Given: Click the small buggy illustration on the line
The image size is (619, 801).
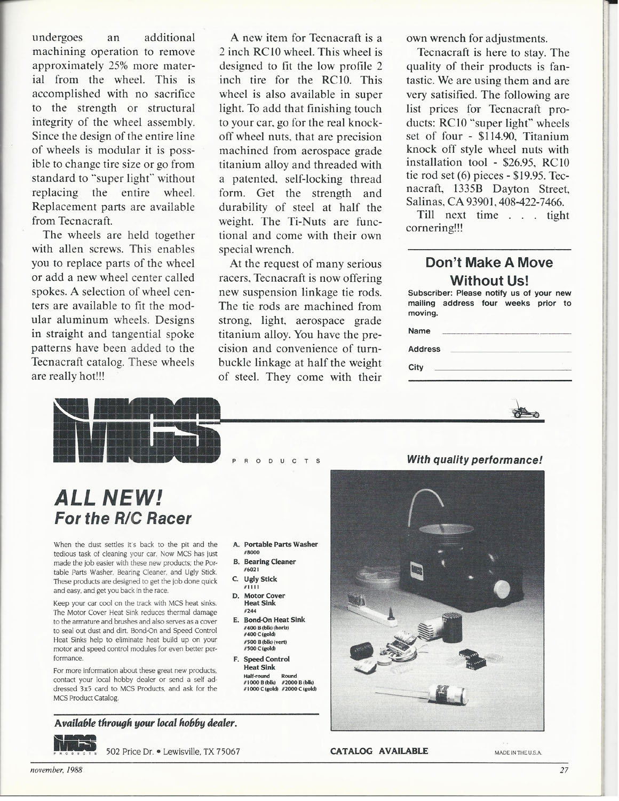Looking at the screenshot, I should tap(525, 411).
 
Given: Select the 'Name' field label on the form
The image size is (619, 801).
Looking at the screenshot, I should tap(419, 331).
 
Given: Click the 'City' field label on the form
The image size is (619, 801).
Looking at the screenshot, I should tap(416, 367).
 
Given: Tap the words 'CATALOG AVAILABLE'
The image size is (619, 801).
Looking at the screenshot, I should tap(379, 751).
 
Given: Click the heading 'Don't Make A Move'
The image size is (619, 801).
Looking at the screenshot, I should tap(489, 263).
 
